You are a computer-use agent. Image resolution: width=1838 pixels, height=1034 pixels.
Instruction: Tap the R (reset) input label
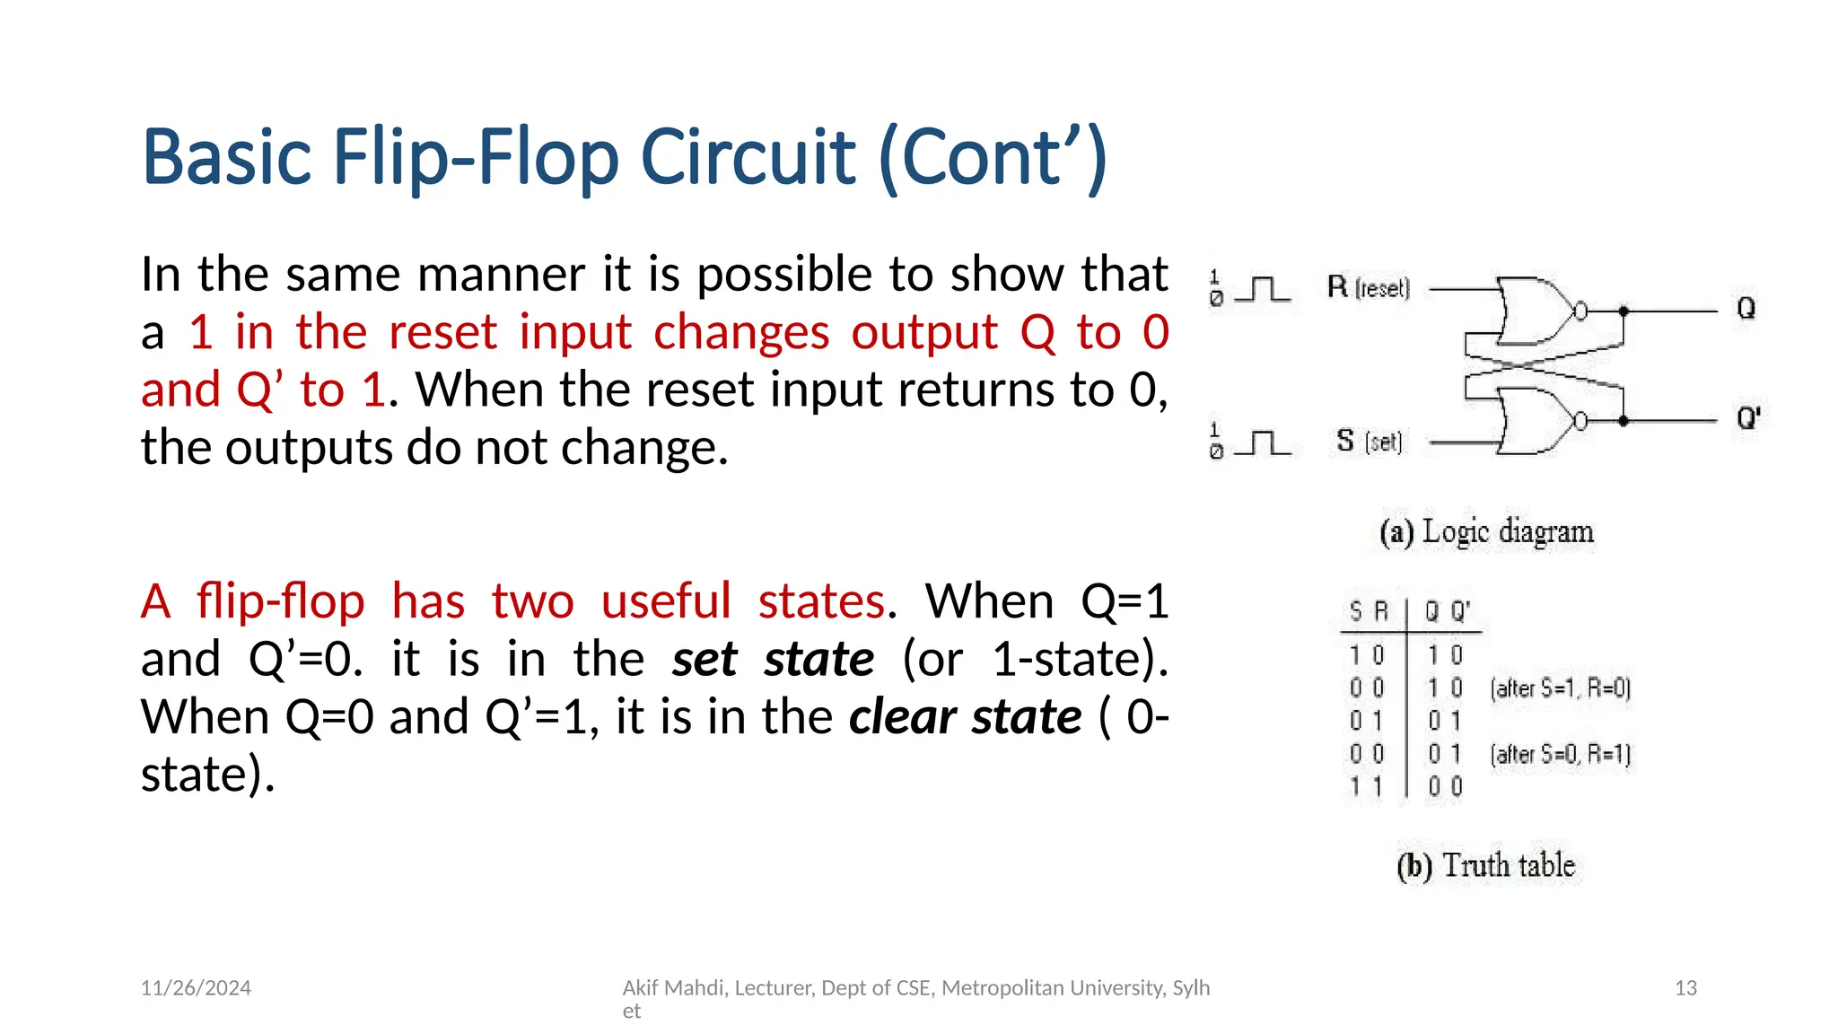click(x=1368, y=288)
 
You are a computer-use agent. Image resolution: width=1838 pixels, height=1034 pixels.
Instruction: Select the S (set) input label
click(x=1368, y=442)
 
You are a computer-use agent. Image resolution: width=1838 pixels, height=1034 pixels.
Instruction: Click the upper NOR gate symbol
click(x=1536, y=311)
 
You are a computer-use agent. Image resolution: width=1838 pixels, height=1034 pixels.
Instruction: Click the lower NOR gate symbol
click(x=1536, y=421)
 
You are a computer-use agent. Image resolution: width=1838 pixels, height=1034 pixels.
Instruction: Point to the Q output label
click(x=1746, y=309)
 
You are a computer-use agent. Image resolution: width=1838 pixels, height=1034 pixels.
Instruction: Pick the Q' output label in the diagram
click(x=1748, y=418)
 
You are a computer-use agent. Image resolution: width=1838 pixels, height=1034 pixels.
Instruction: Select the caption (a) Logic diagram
click(x=1486, y=532)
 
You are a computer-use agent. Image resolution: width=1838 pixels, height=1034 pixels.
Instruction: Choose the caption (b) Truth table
click(x=1485, y=866)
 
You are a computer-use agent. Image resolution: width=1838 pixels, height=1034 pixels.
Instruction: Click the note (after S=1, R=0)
click(x=1560, y=688)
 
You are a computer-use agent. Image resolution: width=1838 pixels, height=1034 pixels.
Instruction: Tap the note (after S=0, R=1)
click(x=1560, y=754)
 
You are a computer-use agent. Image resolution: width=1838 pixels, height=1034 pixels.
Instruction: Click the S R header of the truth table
click(x=1369, y=612)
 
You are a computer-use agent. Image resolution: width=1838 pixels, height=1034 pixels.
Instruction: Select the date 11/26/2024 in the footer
click(x=196, y=988)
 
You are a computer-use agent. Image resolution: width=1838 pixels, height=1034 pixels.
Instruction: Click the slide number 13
click(x=1685, y=988)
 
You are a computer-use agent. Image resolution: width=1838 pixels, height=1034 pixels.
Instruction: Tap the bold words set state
click(x=773, y=660)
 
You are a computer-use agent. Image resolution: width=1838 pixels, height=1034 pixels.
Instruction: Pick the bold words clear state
click(x=965, y=717)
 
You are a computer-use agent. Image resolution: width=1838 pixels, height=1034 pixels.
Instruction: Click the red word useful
click(x=666, y=601)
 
